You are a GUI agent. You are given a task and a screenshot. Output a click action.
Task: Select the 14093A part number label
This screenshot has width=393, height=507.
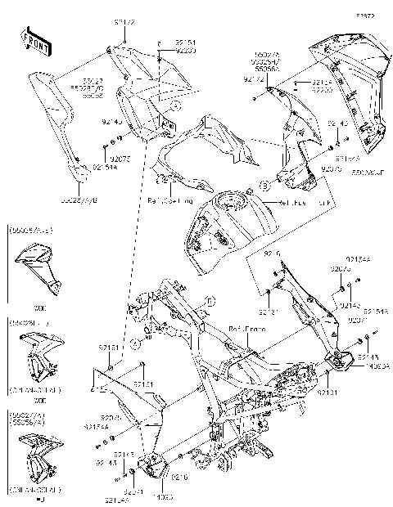coord(357,366)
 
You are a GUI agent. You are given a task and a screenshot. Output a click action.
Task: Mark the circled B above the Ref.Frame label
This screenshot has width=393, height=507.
coord(209,301)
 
